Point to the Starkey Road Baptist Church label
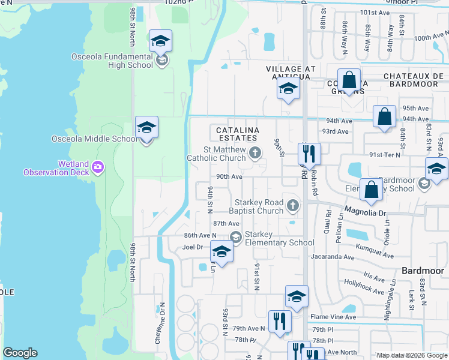click(258, 206)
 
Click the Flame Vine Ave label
click(333, 317)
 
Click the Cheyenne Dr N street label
click(162, 319)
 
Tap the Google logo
click(20, 353)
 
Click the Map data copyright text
click(411, 355)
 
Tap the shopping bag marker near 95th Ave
click(384, 116)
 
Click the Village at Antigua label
click(291, 73)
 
